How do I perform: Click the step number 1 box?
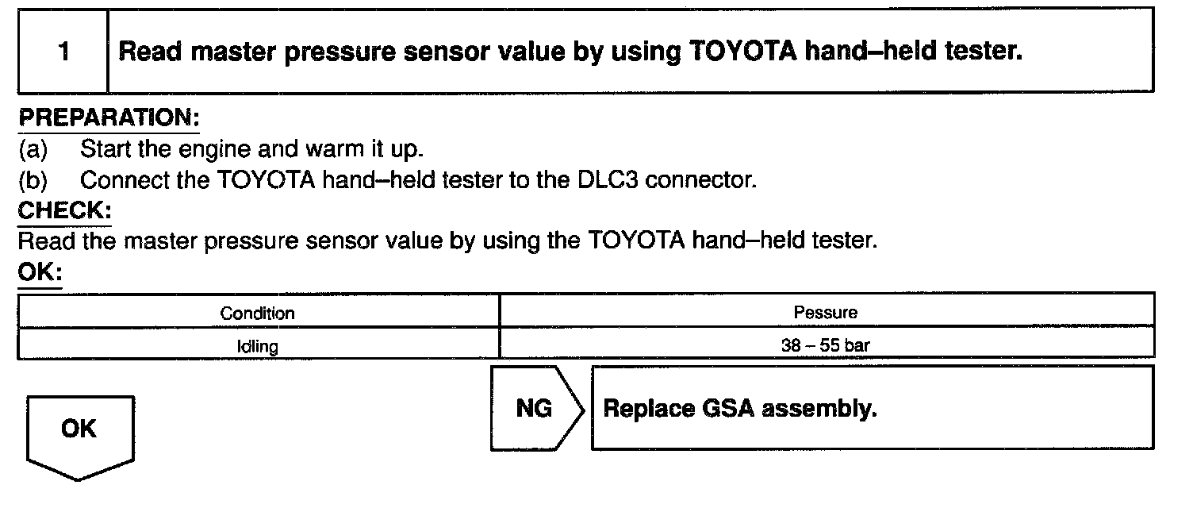[x=63, y=52]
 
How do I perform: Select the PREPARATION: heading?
[x=108, y=119]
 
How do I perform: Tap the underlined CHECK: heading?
[x=64, y=212]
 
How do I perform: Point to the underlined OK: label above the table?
[x=39, y=271]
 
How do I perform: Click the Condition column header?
[x=258, y=313]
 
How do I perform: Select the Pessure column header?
[x=826, y=313]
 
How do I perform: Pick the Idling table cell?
[x=258, y=346]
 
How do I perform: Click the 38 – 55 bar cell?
[x=826, y=346]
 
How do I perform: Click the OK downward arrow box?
[x=79, y=433]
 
